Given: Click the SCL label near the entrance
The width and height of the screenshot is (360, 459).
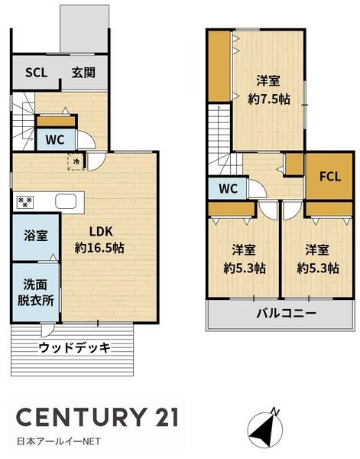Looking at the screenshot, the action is coord(36,73).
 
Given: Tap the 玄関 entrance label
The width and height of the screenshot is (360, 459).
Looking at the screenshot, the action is coord(83,73).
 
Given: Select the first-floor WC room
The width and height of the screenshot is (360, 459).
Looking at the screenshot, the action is coord(55,140).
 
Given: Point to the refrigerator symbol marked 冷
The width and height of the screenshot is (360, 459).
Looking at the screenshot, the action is coord(76,161).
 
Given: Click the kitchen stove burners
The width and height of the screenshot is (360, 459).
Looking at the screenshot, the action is coord(25,202).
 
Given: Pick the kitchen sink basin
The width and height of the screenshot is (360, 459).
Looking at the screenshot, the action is coord(66,201).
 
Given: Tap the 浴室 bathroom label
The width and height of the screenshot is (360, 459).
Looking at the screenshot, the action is coord(36,236).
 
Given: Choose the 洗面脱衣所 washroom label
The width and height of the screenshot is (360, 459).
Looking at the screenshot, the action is coord(35,292).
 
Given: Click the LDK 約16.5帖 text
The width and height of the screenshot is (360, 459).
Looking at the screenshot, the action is coord(99,239).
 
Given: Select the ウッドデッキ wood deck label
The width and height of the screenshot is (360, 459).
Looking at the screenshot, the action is coord(75,347).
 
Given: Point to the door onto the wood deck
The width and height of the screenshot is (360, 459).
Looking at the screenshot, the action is coord(47,330).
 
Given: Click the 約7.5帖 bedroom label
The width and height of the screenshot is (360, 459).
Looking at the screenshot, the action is coord(269,99).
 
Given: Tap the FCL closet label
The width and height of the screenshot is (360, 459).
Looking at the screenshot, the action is coord(330,177).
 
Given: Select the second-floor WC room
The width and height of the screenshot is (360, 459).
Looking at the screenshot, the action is coord(228,188).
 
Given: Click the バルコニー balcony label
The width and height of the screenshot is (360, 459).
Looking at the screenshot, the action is coord(287,314).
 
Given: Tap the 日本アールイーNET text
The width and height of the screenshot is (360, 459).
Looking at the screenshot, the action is coord(59,441).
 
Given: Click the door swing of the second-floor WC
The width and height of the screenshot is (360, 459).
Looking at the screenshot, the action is coord(258,188).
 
